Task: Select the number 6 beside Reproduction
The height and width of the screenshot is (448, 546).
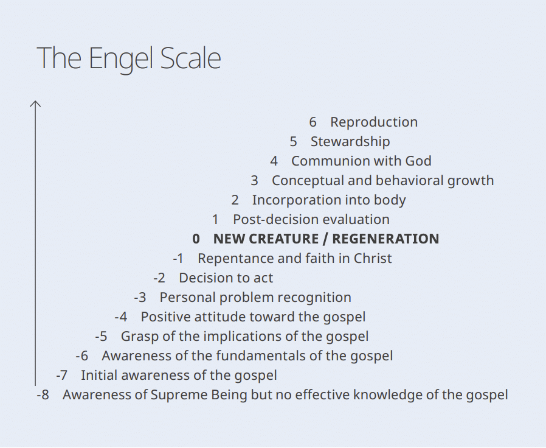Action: pyautogui.click(x=313, y=122)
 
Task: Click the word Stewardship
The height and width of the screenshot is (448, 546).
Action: pyautogui.click(x=350, y=142)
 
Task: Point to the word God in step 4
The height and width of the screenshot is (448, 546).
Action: pyautogui.click(x=418, y=161)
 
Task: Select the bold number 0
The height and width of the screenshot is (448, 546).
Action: pyautogui.click(x=196, y=239)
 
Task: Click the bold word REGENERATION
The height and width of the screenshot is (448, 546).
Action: pyautogui.click(x=385, y=239)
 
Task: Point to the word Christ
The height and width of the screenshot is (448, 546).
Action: pyautogui.click(x=373, y=259)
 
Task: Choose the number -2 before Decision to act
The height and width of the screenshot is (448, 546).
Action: pyautogui.click(x=159, y=278)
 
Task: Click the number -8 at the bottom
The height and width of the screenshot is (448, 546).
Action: pyautogui.click(x=43, y=396)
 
